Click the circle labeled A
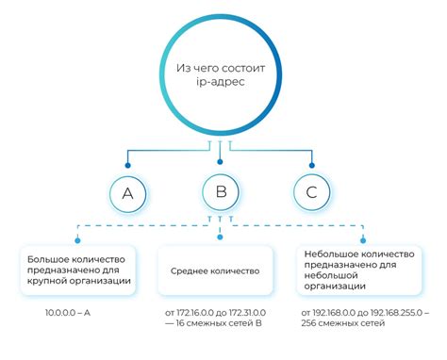[127, 194]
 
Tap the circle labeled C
[311, 194]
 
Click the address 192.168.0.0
[337, 312]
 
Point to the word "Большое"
[47, 256]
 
